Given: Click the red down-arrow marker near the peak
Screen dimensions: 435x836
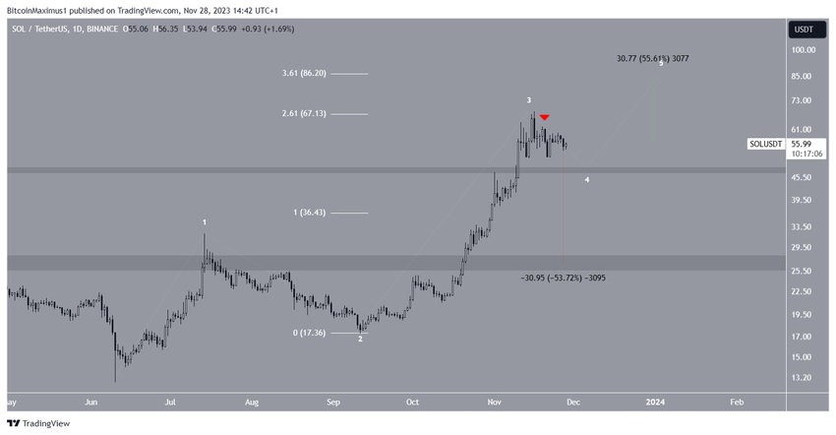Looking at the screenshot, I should click(x=544, y=117).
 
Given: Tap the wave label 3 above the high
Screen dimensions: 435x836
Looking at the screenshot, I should click(x=529, y=100).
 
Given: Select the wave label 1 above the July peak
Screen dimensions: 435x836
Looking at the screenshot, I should click(x=204, y=223).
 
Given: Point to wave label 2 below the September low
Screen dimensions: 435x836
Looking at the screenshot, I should click(x=360, y=339).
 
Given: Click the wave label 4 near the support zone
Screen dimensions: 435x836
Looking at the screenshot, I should click(x=587, y=180).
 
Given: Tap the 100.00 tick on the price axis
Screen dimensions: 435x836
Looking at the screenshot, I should click(x=805, y=49).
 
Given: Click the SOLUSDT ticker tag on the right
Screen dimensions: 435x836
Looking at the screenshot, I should click(x=766, y=144).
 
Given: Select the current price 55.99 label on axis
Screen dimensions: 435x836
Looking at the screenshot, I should click(x=805, y=143).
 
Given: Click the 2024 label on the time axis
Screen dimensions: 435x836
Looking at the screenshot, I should click(x=656, y=402).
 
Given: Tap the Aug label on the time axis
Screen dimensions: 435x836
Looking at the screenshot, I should click(x=252, y=402).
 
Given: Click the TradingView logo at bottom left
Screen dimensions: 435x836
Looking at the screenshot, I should click(x=39, y=423).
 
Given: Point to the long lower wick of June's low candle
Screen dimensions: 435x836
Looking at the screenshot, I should click(x=115, y=369).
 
